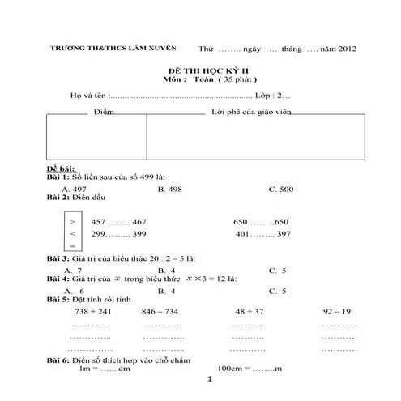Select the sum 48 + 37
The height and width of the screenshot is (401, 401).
(x=250, y=310)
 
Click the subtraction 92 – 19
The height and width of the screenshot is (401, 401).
(x=336, y=310)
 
